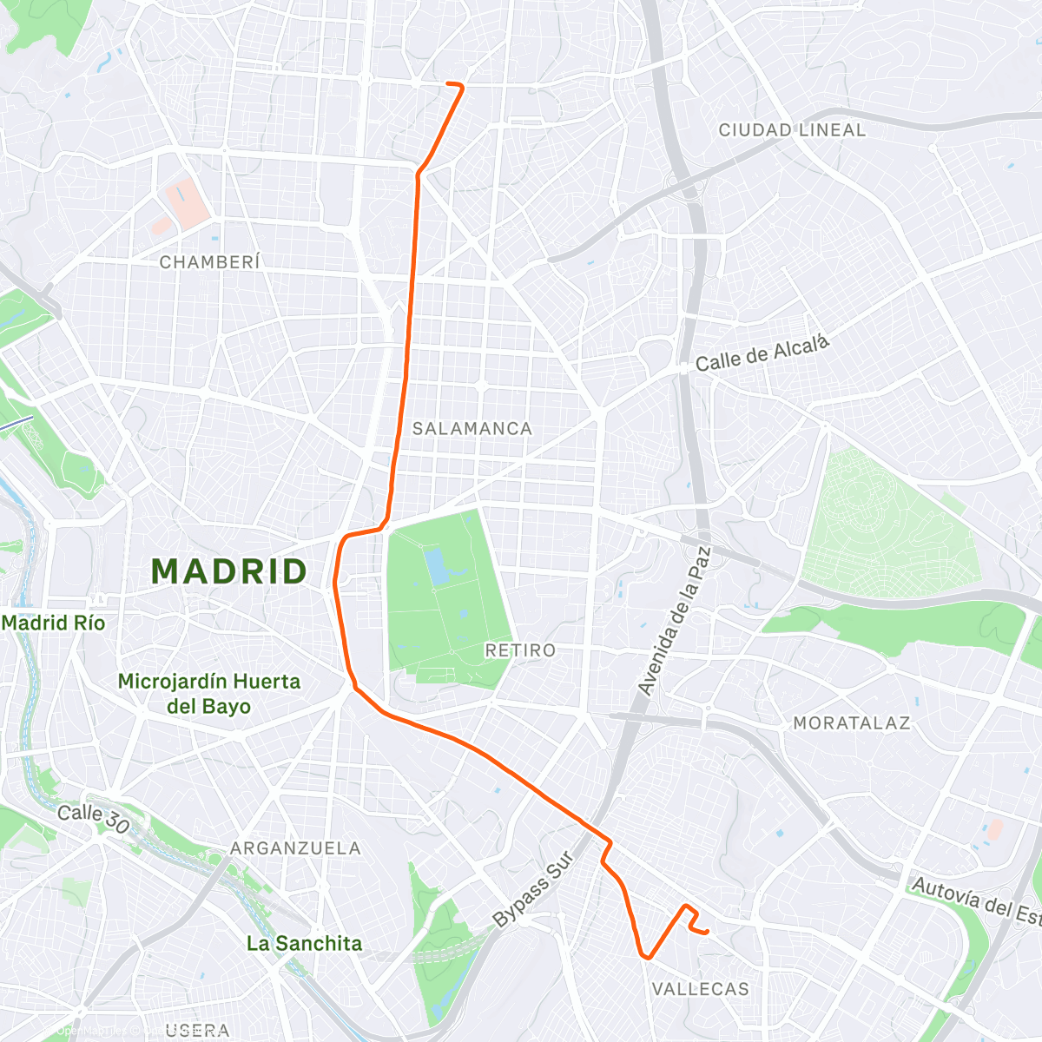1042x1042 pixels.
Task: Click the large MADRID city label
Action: (x=229, y=571)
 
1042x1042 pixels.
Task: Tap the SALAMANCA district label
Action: (x=472, y=428)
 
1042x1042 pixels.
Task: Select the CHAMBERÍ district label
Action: (x=210, y=261)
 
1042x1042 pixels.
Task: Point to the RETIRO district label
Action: (x=520, y=650)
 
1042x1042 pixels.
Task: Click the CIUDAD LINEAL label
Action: (x=792, y=130)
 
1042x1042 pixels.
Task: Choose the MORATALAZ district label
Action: (x=851, y=722)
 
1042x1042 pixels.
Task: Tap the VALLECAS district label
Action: (x=700, y=989)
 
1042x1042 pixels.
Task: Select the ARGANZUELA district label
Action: (x=295, y=847)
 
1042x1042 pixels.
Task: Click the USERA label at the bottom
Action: (x=197, y=1030)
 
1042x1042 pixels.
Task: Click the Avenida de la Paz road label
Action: (x=675, y=621)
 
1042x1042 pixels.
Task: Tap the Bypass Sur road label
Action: (x=532, y=888)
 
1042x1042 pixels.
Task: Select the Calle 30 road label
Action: (x=93, y=818)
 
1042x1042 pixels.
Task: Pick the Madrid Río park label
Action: (x=53, y=623)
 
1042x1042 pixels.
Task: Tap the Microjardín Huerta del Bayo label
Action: (x=208, y=693)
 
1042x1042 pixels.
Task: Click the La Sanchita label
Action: (x=304, y=943)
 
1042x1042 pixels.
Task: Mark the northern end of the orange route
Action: (x=448, y=83)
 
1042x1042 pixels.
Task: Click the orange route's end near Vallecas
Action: (x=708, y=932)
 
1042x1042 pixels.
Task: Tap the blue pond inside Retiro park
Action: (x=437, y=564)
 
